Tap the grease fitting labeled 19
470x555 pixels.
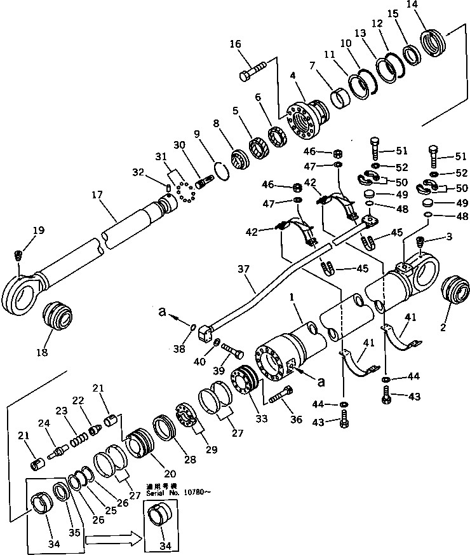pyautogui.click(x=18, y=256)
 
